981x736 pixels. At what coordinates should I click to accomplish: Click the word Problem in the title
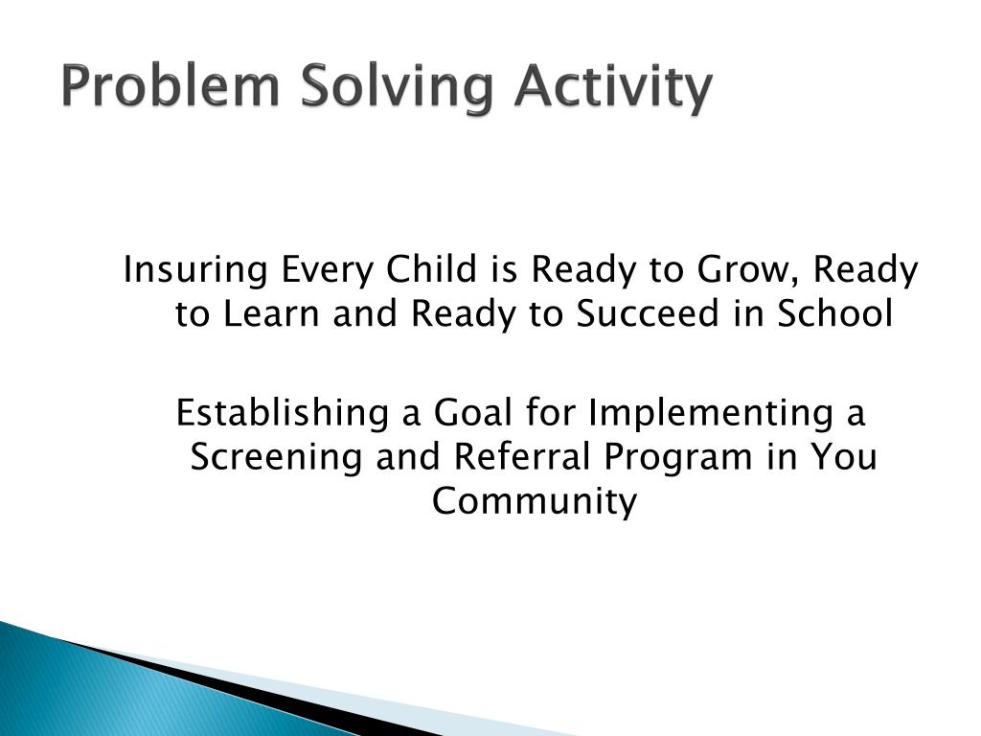tap(171, 85)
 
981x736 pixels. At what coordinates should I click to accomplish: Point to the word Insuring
tap(195, 270)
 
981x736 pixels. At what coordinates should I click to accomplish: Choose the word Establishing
tap(283, 414)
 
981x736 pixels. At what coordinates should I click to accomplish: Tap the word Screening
tap(276, 458)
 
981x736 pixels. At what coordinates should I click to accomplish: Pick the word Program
tap(677, 458)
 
